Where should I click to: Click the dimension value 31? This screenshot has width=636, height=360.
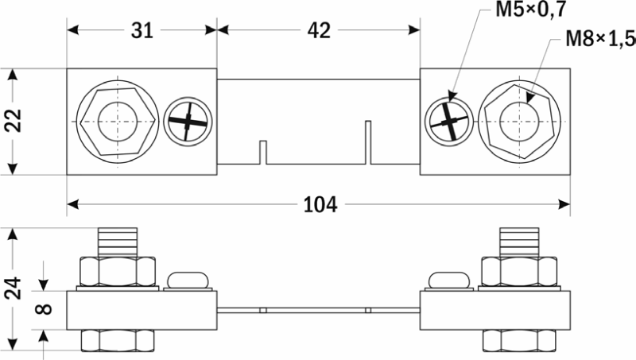142,31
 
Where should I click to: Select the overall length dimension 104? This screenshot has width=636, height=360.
320,204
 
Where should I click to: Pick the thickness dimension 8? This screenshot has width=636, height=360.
46,305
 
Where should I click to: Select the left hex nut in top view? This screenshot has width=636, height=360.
118,122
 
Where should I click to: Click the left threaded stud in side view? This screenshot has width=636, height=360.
118,242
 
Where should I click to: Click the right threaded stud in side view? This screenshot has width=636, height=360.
520,242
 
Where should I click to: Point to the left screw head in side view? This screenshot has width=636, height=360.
187,280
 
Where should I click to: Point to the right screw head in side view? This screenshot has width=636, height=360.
449,280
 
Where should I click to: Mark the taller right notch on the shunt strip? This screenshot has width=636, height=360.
367,142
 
